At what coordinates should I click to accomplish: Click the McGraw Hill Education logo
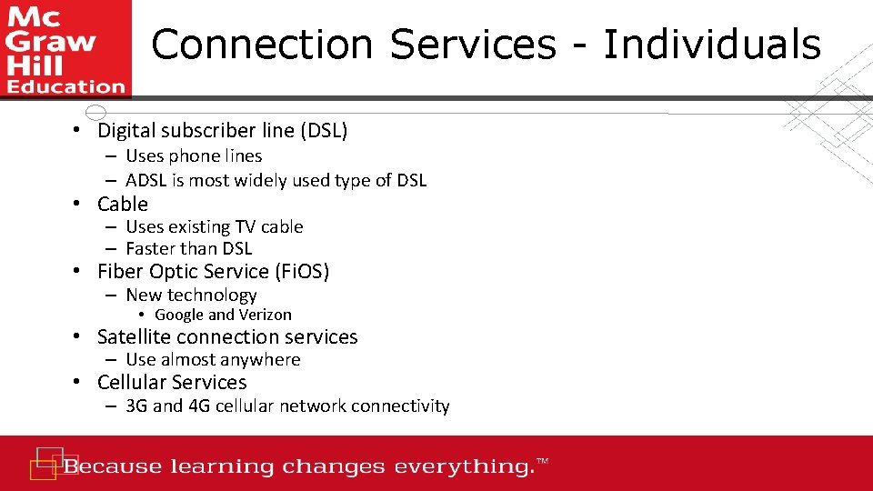(x=65, y=48)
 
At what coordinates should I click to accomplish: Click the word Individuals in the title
(x=711, y=44)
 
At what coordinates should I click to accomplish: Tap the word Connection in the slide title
(x=262, y=44)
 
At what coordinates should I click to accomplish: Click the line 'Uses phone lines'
(x=194, y=156)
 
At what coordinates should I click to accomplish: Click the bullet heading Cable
(x=123, y=204)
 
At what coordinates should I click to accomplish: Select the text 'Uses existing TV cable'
(x=214, y=226)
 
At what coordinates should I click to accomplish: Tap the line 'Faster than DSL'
(x=188, y=248)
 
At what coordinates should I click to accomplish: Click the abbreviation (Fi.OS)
(x=301, y=271)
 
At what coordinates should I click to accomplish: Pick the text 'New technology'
(x=191, y=295)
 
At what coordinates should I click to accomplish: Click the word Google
(x=179, y=315)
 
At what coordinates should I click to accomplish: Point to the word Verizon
(x=265, y=315)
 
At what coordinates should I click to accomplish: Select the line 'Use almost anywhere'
(x=213, y=359)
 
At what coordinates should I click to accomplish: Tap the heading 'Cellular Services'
(x=172, y=382)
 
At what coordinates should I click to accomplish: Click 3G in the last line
(x=136, y=406)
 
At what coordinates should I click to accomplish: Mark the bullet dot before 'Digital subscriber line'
(x=80, y=131)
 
